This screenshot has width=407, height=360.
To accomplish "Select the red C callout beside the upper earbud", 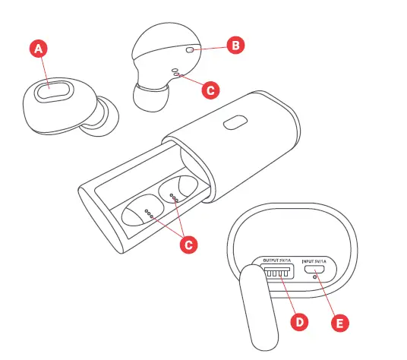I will tap(213, 89).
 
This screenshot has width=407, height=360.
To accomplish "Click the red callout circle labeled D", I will tap(300, 321).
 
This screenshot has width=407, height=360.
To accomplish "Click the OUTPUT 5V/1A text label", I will tap(279, 261).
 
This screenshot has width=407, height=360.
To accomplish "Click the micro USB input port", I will tap(319, 270).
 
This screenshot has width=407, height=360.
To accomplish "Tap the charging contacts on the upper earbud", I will tap(176, 72).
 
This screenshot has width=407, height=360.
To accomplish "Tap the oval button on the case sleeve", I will tap(235, 123).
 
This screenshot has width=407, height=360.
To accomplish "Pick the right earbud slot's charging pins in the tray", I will tap(175, 198).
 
